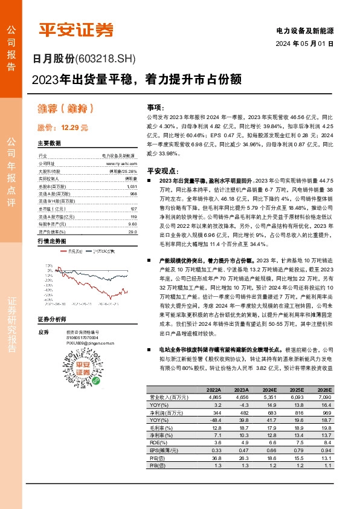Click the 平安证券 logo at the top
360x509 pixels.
point(76,28)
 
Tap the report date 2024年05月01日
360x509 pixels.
point(305,44)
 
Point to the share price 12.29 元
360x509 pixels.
point(63,128)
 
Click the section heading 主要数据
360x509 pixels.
point(49,143)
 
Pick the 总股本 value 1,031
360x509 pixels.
point(132,187)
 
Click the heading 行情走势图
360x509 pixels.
point(51,241)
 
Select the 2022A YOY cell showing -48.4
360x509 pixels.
point(202,436)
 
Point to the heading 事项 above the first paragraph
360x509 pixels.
point(155,106)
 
